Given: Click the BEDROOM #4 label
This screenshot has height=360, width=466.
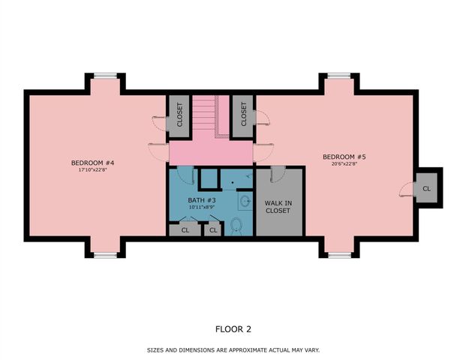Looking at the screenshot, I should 92,163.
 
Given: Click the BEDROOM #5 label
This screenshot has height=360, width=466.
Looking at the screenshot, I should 344,157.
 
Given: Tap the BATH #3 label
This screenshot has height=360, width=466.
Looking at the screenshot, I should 202,201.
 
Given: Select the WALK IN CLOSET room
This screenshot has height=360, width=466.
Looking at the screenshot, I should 278,206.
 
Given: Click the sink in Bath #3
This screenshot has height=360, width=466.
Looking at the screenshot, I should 245,200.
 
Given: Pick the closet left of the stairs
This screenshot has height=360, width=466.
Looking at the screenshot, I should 179,116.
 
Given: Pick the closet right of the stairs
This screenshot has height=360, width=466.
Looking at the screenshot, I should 244,116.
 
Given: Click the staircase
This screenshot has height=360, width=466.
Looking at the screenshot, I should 211,116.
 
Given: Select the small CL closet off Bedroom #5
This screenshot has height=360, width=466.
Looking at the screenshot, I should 426,188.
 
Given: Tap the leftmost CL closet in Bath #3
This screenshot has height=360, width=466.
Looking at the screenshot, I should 185,229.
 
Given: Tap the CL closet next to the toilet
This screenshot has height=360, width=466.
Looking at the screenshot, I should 213,229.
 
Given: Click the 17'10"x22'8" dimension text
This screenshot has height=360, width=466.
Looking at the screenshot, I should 92,170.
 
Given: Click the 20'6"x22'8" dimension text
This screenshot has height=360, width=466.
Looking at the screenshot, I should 344,164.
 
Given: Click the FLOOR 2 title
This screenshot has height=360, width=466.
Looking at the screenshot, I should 233,328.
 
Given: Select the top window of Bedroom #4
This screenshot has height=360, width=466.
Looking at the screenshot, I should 105,74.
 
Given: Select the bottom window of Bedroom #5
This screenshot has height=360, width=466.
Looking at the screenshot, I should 339,255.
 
